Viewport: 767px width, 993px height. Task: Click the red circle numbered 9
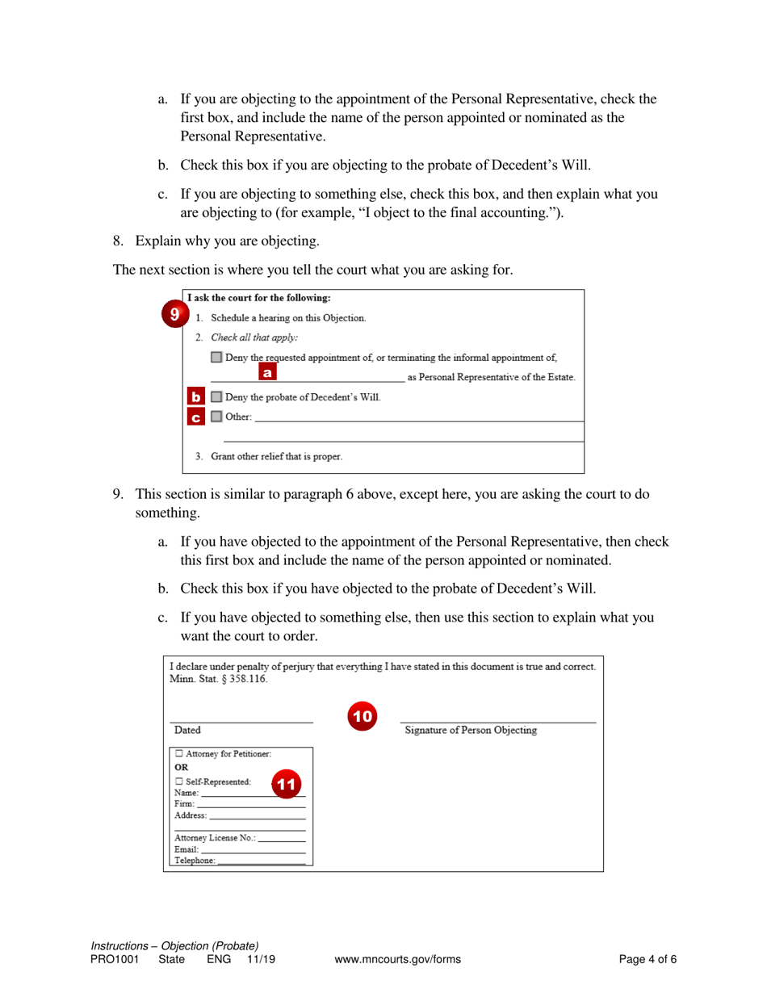coord(173,312)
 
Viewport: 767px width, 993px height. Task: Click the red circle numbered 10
coord(363,715)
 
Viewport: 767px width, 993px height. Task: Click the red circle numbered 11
coord(286,782)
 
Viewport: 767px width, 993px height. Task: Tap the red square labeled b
coord(195,397)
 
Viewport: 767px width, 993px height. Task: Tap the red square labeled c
coord(195,417)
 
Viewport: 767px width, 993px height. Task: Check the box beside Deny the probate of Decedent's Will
coord(216,397)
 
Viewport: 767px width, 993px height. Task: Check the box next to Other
coord(216,417)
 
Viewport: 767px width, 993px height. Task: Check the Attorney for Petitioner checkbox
coord(179,754)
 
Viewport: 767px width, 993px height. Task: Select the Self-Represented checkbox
coord(179,781)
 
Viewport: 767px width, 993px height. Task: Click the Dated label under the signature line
coord(188,731)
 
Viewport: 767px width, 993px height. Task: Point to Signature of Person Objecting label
coord(471,731)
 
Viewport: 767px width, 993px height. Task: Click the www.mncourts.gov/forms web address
coord(397,960)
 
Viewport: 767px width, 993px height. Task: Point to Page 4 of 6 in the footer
coord(648,960)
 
